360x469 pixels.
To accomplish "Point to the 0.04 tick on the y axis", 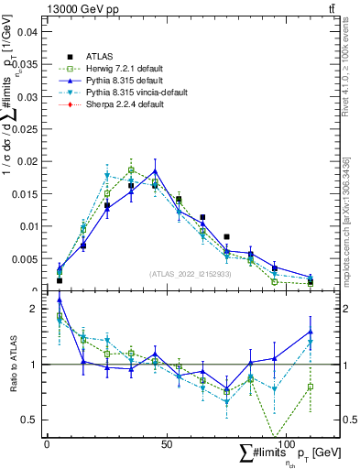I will point(27,31).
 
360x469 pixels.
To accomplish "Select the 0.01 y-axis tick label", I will point(27,226).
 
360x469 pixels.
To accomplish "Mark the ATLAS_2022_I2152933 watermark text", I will point(191,274).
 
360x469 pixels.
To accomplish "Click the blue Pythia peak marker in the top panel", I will point(155,170).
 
